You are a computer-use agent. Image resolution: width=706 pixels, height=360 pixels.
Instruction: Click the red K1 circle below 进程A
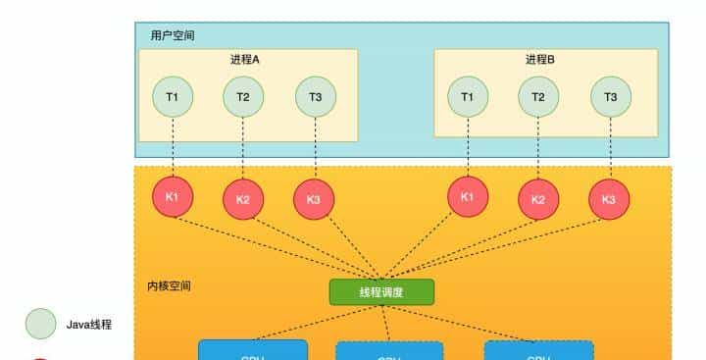click(173, 196)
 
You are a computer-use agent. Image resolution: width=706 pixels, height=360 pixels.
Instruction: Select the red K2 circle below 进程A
click(243, 199)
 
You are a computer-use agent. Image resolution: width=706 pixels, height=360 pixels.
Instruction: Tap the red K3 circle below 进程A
click(314, 199)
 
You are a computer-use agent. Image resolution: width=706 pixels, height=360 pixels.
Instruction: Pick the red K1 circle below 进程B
click(468, 196)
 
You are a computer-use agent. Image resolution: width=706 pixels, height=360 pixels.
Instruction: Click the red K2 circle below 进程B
click(538, 199)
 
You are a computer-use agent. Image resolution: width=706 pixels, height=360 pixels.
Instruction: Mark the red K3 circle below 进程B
click(609, 199)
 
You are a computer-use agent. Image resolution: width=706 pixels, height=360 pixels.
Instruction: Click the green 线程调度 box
click(381, 291)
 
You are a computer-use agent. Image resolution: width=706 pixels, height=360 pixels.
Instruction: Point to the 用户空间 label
click(173, 35)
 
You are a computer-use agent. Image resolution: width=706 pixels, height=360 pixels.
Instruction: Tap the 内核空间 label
click(169, 285)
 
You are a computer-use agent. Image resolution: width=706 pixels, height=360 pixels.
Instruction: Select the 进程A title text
click(245, 60)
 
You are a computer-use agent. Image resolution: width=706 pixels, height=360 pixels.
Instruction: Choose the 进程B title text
click(540, 60)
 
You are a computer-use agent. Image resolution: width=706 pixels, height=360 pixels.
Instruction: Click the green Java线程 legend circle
click(41, 323)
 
